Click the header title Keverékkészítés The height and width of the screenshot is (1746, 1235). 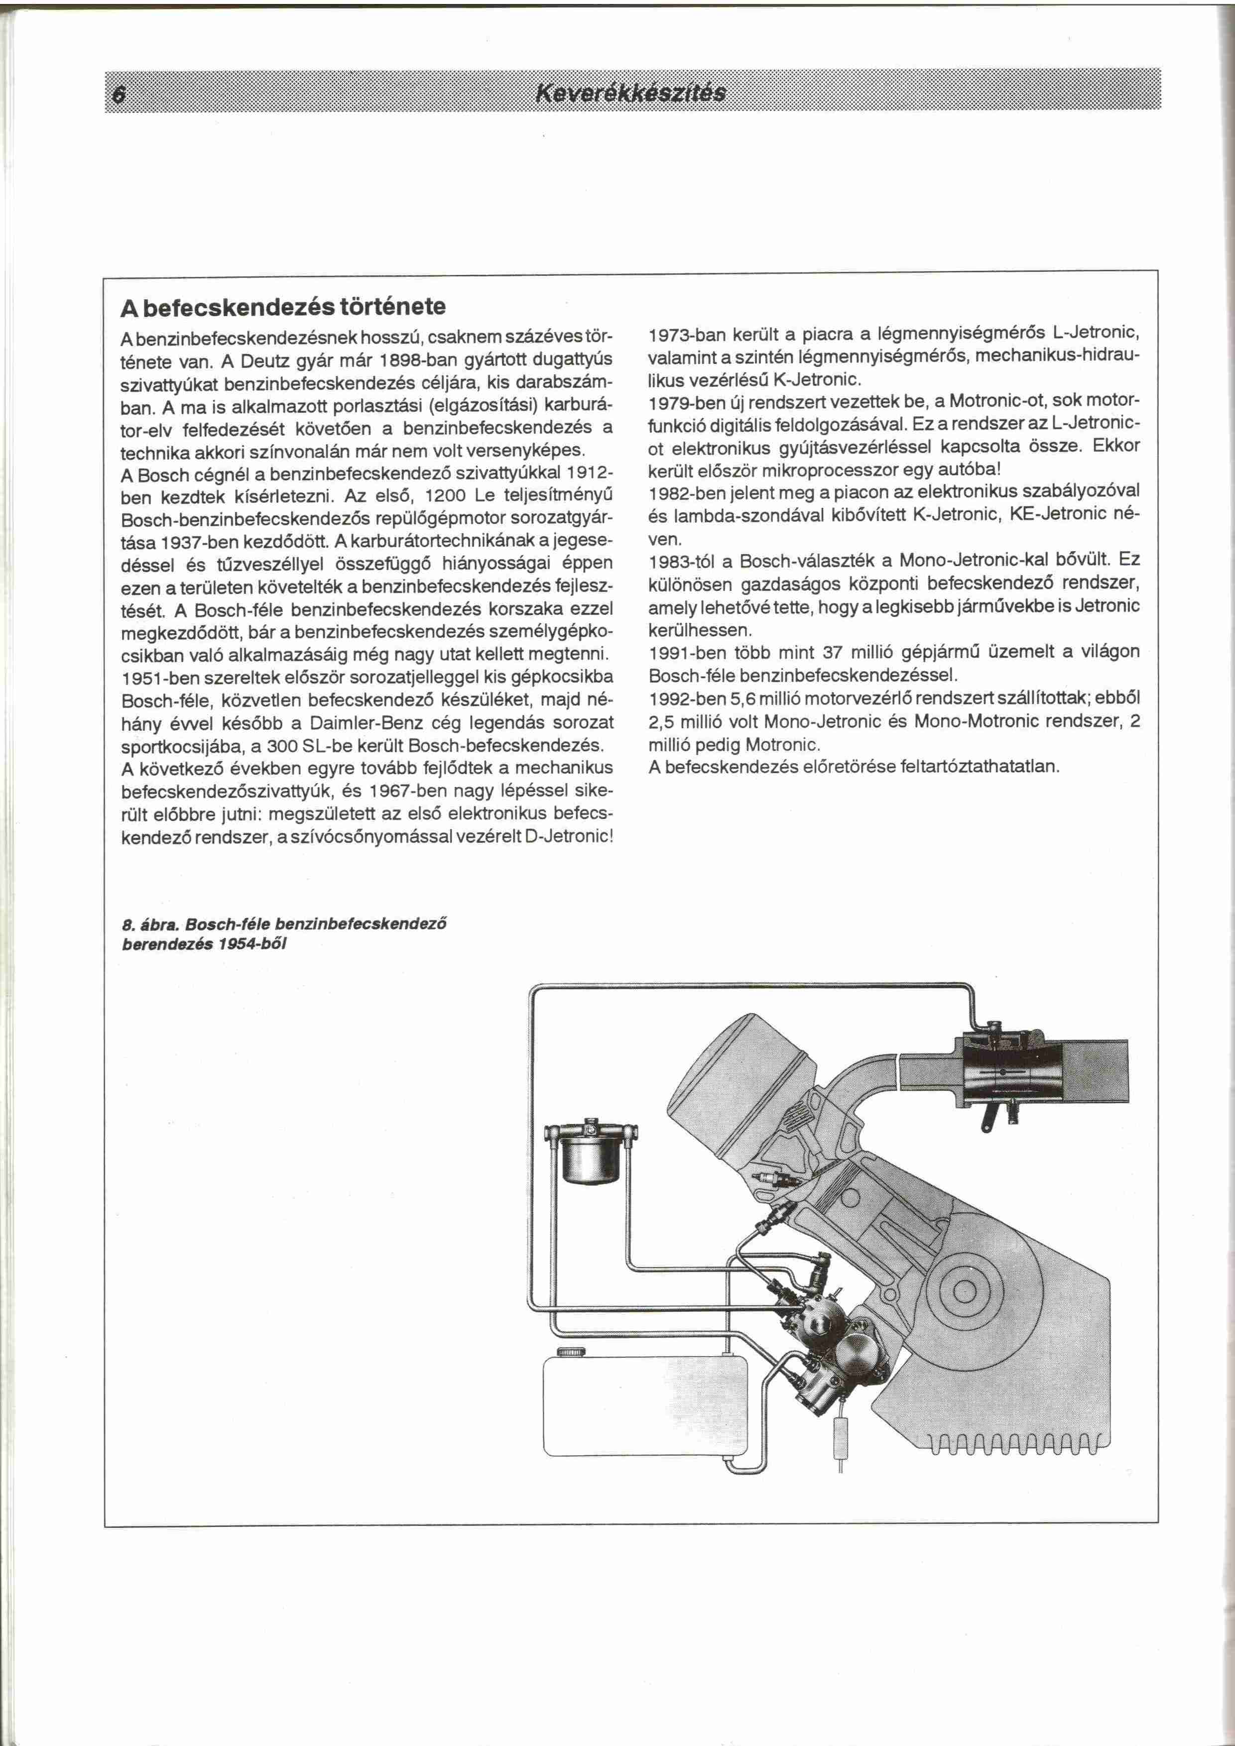[631, 94]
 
